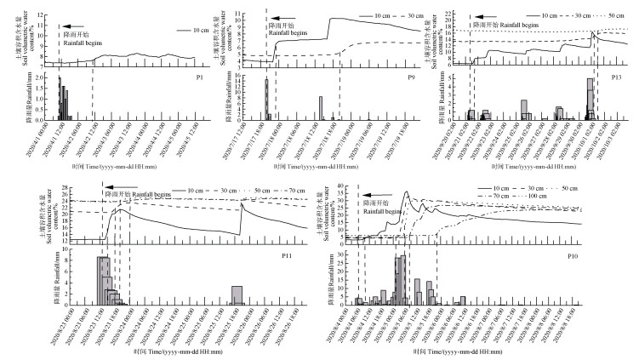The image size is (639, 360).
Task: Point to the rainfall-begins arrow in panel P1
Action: pyautogui.click(x=74, y=27)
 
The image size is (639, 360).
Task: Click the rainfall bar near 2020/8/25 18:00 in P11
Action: pyautogui.click(x=237, y=295)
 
